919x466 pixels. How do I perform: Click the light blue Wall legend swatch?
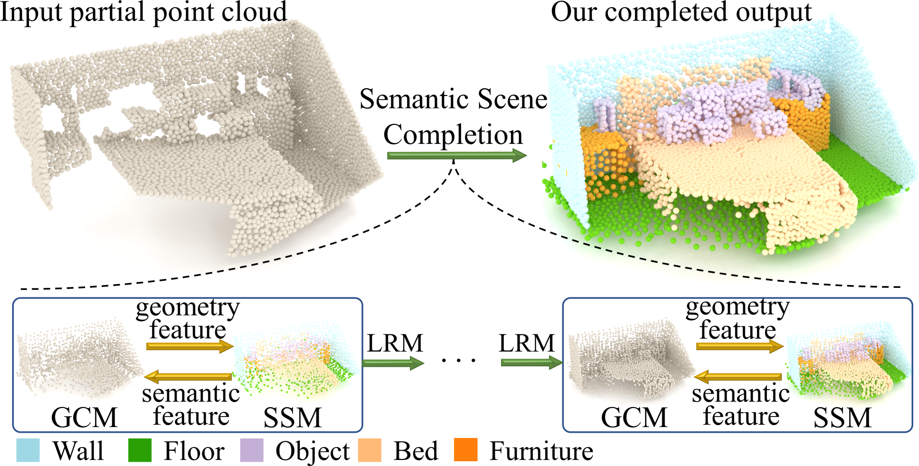coord(28,450)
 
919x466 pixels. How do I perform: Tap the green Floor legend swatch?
coord(140,450)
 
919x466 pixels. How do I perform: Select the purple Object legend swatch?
coord(252,450)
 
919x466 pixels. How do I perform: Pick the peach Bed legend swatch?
coord(369,450)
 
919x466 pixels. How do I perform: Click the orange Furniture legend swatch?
coord(465,450)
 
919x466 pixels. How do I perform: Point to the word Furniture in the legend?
coord(541,451)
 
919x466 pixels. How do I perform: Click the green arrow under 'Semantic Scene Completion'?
coord(456,155)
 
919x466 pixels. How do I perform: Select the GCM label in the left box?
coord(84,418)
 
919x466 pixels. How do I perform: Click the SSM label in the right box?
coord(842,418)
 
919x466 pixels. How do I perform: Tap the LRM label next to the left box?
coord(395,343)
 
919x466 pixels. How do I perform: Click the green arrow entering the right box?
coord(531,363)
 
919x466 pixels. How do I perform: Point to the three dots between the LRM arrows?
coord(458,361)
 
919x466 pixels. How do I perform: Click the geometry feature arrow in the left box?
coord(189,346)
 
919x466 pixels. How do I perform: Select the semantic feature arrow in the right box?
coord(738,377)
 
